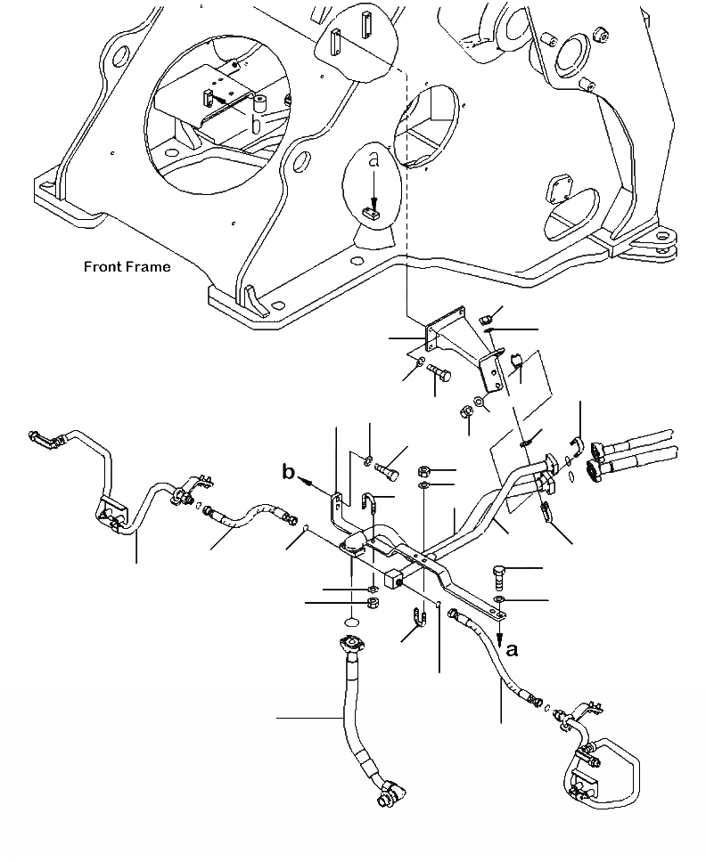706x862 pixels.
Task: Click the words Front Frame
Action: tap(127, 266)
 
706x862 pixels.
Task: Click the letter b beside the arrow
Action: tap(288, 472)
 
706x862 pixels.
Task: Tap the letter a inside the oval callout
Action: tap(375, 160)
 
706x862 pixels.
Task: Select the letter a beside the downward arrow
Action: tap(512, 650)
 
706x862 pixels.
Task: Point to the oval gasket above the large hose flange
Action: tap(351, 622)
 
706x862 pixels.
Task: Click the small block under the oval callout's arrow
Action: tap(374, 212)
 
